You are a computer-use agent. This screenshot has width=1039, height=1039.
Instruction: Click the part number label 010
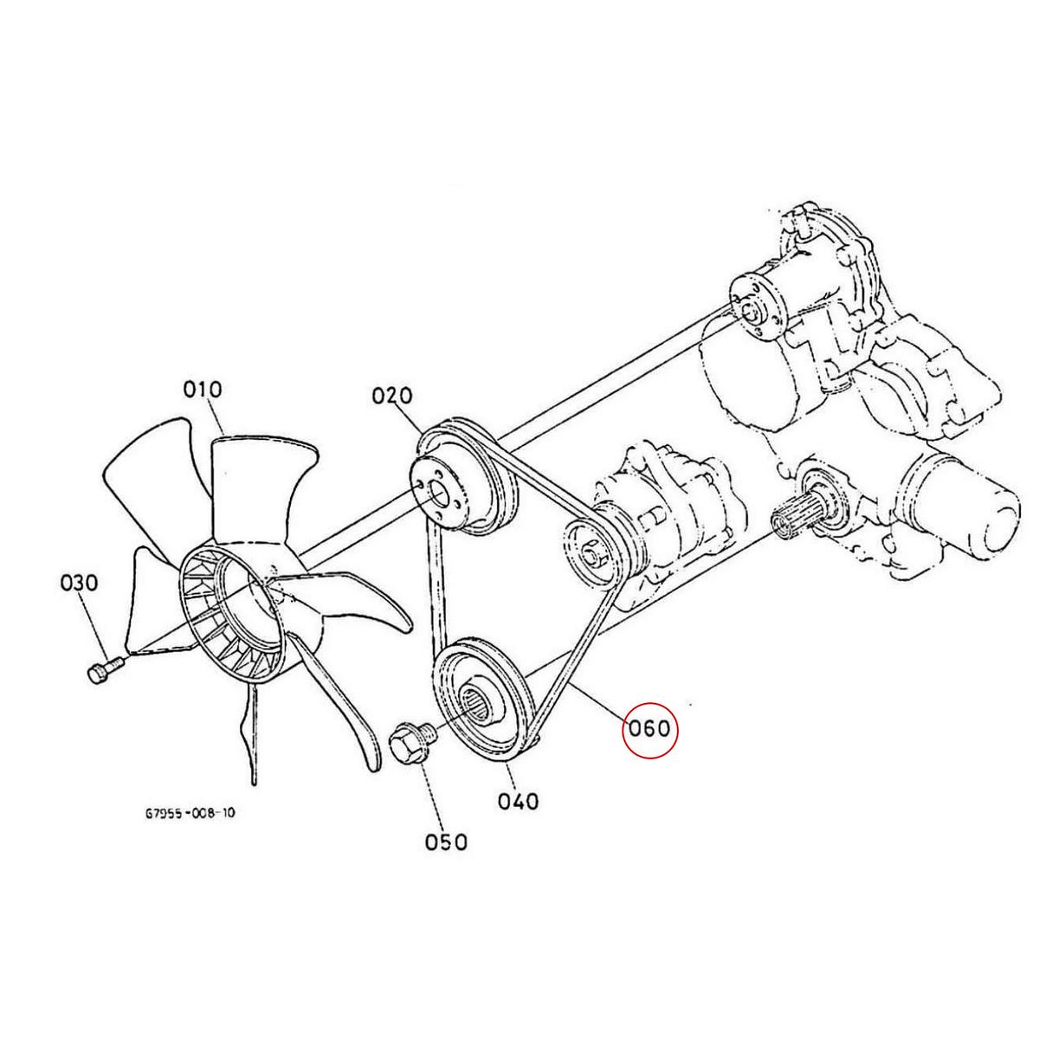(x=203, y=390)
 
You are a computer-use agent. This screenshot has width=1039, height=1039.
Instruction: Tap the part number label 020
(x=392, y=397)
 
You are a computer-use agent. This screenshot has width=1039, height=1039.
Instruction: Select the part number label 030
(x=80, y=584)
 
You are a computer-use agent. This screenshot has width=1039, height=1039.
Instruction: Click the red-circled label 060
(x=649, y=729)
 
